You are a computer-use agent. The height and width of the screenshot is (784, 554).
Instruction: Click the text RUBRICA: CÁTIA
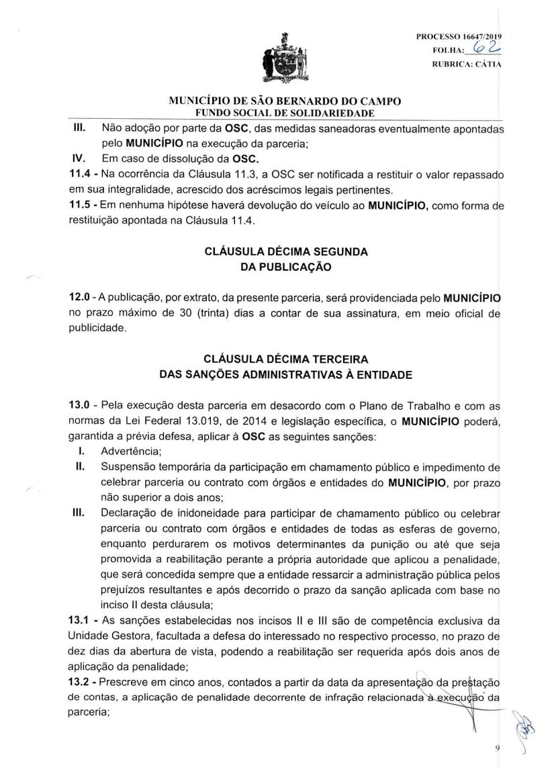click(x=469, y=64)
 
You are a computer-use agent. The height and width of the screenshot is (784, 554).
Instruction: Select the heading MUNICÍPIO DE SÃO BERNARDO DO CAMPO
click(x=277, y=101)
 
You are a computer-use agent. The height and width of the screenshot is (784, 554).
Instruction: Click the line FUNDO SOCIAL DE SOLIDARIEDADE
click(x=277, y=112)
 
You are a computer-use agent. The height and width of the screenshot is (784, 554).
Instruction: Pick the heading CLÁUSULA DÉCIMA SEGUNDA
click(x=277, y=252)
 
